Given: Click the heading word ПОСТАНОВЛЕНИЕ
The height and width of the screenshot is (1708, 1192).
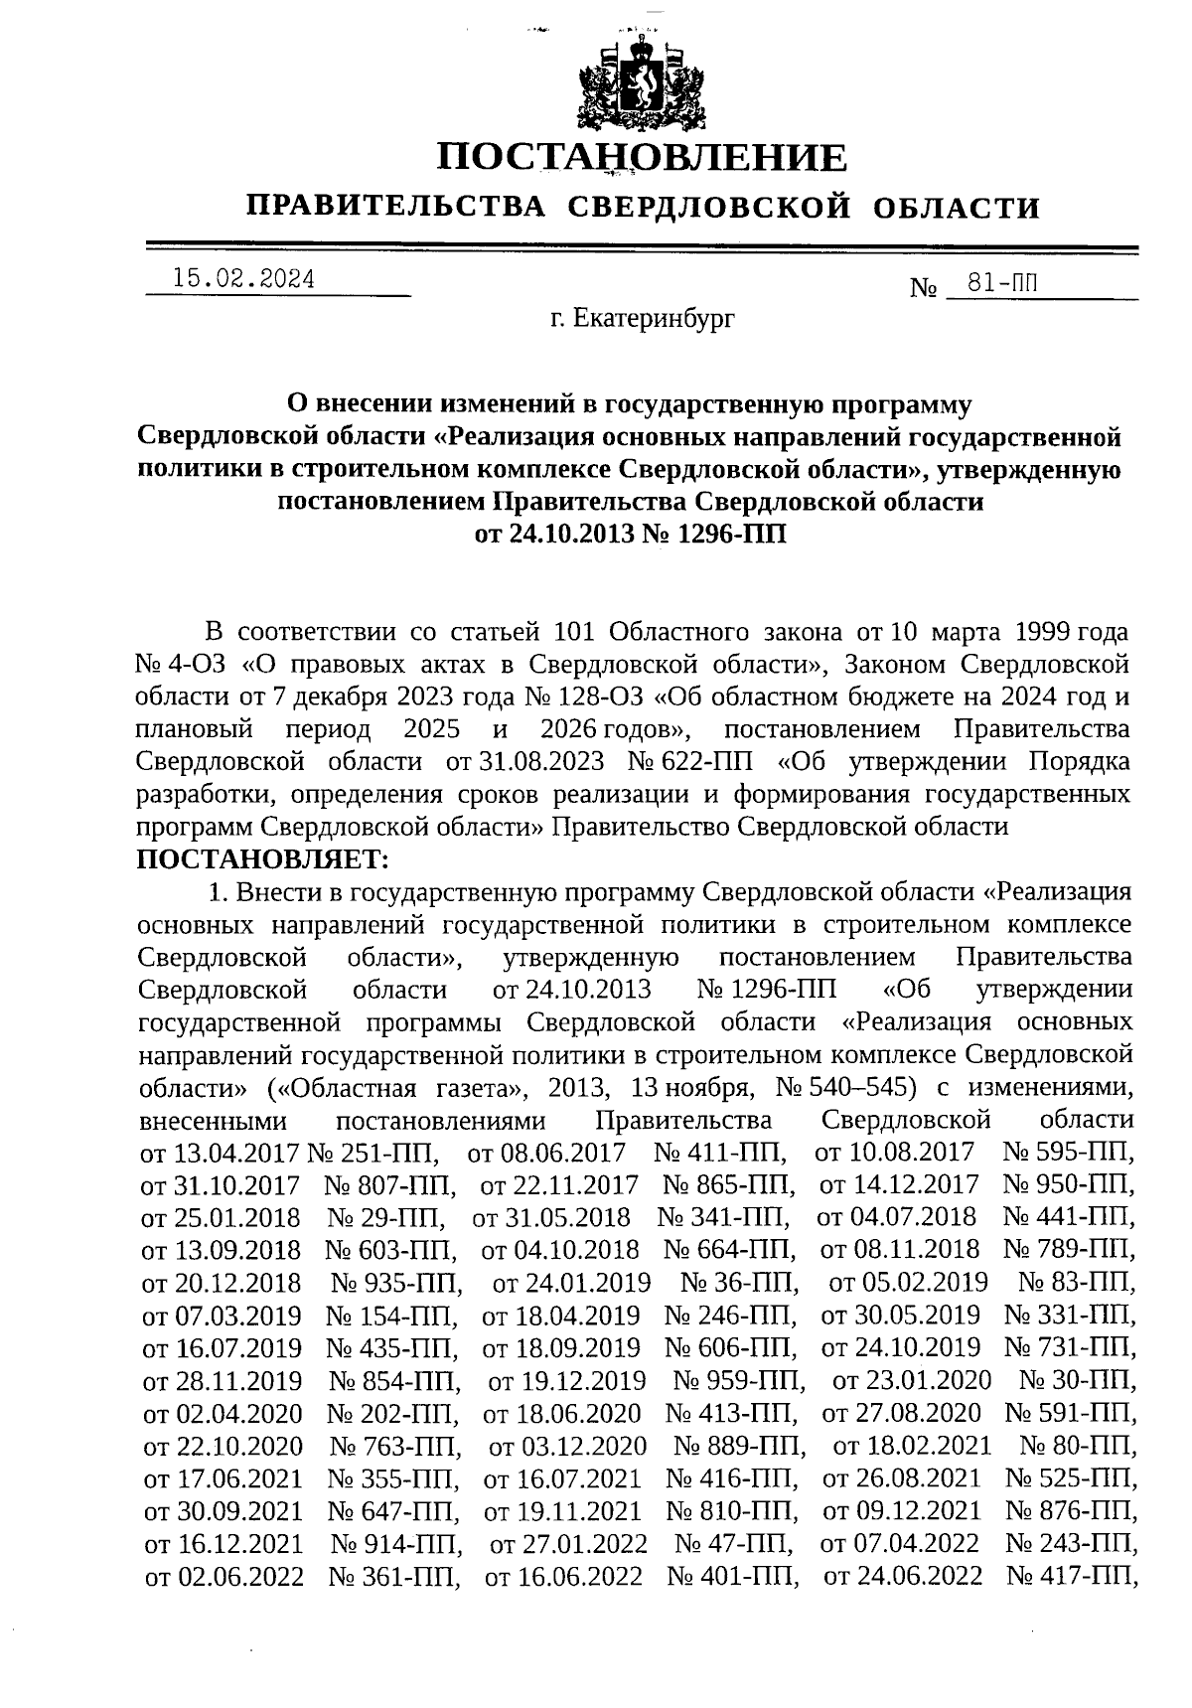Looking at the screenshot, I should pos(643,158).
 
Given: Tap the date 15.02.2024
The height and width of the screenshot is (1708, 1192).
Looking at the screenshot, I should pos(243,280).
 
